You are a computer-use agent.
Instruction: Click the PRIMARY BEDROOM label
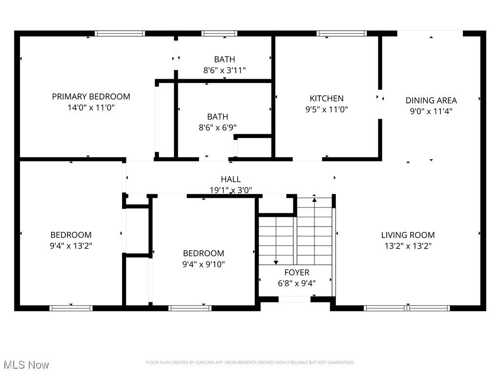coord(91,97)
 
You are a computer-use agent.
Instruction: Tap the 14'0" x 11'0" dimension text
coord(91,107)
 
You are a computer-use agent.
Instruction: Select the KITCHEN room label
coord(327,99)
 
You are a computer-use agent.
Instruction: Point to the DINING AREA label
coord(431,101)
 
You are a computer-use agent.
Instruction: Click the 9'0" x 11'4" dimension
coord(431,111)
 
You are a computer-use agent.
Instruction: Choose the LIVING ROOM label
coord(408,235)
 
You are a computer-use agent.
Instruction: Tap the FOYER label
coord(296,272)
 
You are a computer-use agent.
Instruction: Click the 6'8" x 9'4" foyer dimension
coord(296,283)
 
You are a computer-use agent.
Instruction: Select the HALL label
coord(230,179)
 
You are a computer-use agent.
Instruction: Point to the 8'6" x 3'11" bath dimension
coord(224,70)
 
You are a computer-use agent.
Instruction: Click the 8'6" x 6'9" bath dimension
coord(217,127)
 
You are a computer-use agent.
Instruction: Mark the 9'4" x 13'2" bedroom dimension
coord(71,246)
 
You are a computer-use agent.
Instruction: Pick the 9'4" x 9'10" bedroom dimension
coord(204,264)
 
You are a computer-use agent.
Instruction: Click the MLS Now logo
coord(26,365)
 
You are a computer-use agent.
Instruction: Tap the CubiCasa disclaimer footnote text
coord(250,362)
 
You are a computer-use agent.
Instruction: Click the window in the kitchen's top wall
coord(341,34)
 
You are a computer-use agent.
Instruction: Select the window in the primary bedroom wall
coord(120,34)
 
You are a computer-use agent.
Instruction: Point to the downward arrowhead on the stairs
coord(276,263)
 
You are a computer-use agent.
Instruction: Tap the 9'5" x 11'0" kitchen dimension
coord(327,110)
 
